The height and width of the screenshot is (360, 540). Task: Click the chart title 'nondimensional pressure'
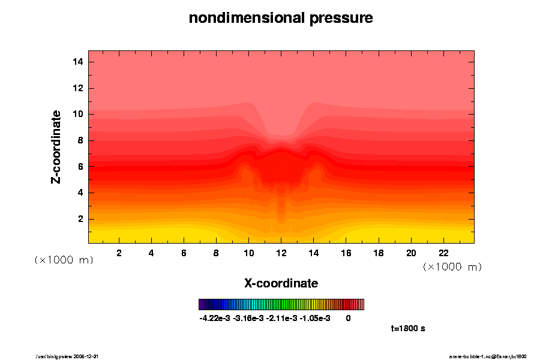(x=281, y=19)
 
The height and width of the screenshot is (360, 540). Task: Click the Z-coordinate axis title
(x=56, y=146)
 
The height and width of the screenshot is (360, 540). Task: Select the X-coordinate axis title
(x=281, y=283)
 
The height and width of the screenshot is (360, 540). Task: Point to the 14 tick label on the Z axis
(x=77, y=62)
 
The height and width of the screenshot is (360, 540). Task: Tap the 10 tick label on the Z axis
(x=77, y=114)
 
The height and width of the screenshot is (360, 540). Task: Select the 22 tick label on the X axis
(x=443, y=253)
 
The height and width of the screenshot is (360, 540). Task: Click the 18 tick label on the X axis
(x=379, y=253)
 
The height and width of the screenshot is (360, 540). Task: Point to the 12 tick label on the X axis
(x=281, y=253)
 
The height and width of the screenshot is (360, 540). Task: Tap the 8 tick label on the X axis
(x=216, y=253)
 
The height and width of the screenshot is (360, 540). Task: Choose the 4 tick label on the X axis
(x=151, y=253)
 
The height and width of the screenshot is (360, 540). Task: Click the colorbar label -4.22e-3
(x=215, y=318)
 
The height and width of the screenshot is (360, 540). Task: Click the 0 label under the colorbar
(x=348, y=318)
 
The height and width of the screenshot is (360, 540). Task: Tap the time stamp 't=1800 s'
(x=408, y=329)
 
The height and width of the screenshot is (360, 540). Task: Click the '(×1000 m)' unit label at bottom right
(x=452, y=266)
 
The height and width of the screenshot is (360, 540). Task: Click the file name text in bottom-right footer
(x=488, y=356)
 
